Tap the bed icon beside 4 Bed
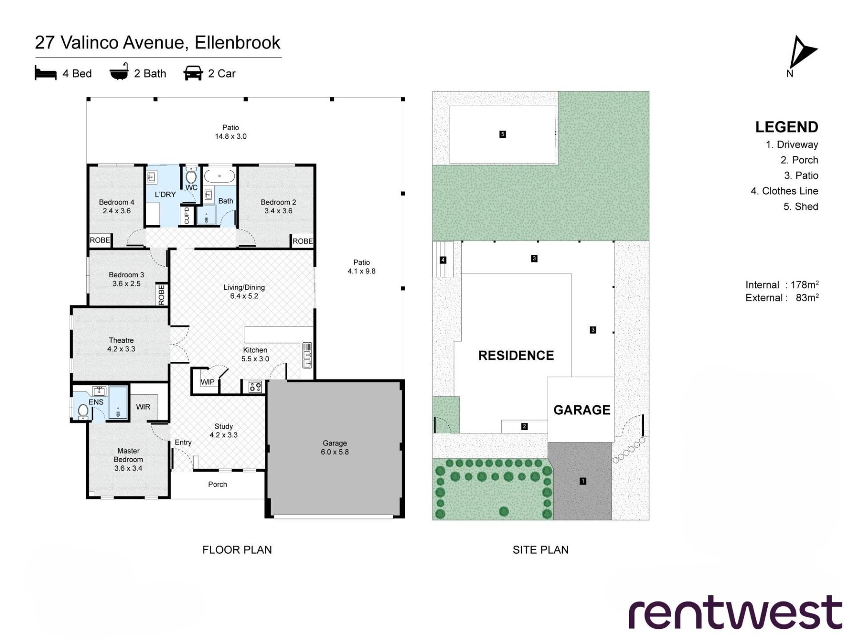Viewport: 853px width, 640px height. click(x=46, y=73)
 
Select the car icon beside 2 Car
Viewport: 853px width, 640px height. click(x=193, y=73)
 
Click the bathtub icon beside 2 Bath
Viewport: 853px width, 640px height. click(x=119, y=72)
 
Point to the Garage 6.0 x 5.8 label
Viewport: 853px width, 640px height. click(x=335, y=448)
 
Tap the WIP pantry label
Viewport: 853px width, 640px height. click(x=207, y=382)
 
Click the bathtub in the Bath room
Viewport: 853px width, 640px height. click(x=219, y=176)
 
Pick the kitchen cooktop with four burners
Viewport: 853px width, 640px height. click(x=255, y=387)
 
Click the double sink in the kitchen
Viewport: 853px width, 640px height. click(x=307, y=355)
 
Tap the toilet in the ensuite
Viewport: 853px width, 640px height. click(x=83, y=411)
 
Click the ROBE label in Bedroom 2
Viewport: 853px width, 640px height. click(x=303, y=241)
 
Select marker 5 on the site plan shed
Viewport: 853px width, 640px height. click(x=502, y=134)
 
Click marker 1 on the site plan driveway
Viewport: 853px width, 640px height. click(x=583, y=481)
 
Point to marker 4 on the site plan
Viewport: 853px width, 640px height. click(x=443, y=260)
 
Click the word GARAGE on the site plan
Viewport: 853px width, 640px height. click(x=582, y=410)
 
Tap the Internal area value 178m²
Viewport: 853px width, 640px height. click(x=805, y=285)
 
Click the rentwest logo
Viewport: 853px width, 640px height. click(x=735, y=612)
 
